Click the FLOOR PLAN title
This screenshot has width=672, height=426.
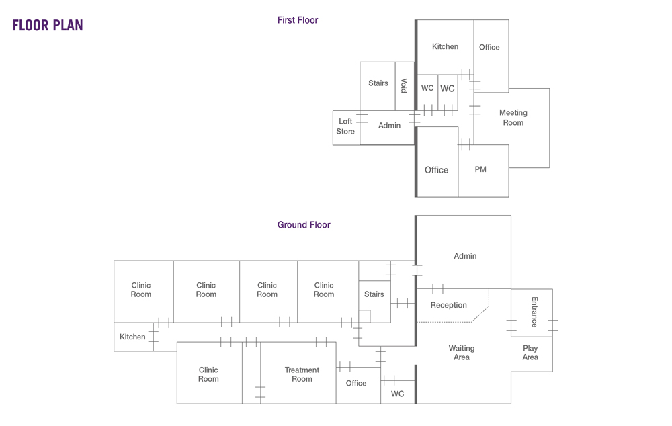point(48,26)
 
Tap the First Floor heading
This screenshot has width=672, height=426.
point(298,20)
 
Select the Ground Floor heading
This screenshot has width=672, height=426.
point(304,225)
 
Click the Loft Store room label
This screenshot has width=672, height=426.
point(345,126)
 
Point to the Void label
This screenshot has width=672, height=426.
point(404,85)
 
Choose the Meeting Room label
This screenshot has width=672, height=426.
point(513,118)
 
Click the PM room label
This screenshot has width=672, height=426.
point(480,169)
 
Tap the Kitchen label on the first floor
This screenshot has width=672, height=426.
point(445,46)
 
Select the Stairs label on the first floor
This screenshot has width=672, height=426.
point(378,83)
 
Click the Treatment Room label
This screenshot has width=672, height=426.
point(302,374)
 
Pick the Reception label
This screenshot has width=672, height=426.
point(448,305)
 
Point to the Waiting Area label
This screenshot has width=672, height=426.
point(462,353)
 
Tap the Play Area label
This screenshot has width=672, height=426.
point(530,353)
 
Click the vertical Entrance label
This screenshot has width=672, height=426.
point(534,312)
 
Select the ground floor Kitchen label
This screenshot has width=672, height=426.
point(132,337)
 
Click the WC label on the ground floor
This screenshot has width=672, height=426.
point(397,394)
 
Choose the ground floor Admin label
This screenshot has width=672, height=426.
point(465,256)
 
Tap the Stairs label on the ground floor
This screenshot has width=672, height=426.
point(374,294)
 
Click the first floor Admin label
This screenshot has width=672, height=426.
point(389,126)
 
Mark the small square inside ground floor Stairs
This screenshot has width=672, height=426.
point(365,316)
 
